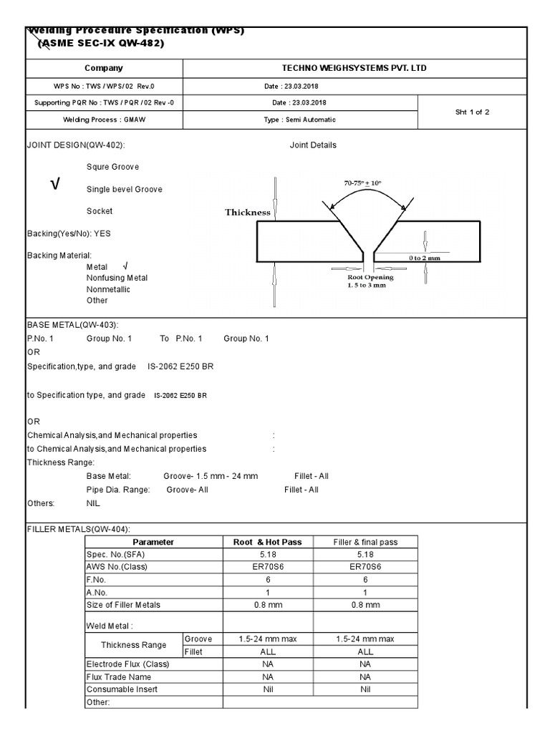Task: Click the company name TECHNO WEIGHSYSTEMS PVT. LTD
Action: coord(354,68)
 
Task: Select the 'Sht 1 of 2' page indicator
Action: coord(472,112)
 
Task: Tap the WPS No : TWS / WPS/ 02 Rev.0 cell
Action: coord(104,87)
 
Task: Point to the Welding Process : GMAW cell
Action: coord(104,120)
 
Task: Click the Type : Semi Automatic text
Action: coord(299,120)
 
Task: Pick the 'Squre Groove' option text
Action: coord(112,167)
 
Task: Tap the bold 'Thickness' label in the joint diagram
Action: coord(248,212)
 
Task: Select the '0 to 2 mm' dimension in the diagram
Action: coord(424,258)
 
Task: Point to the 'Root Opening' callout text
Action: coord(370,277)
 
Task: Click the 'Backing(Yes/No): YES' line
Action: coord(69,234)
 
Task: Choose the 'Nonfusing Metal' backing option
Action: coord(117,278)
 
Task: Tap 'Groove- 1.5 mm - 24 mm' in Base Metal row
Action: coord(211,476)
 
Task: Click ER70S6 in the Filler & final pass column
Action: coord(365,567)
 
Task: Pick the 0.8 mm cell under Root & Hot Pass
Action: coord(268,605)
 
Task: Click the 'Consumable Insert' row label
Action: coord(122,689)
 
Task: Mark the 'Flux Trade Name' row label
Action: coord(118,676)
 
